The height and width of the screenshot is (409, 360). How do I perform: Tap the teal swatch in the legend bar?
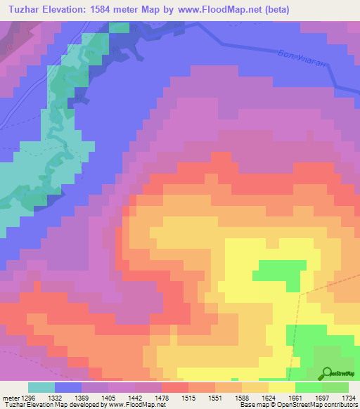[41, 387]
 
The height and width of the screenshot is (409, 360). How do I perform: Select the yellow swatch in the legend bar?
[281, 387]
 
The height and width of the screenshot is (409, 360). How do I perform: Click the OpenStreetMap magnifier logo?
[326, 372]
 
